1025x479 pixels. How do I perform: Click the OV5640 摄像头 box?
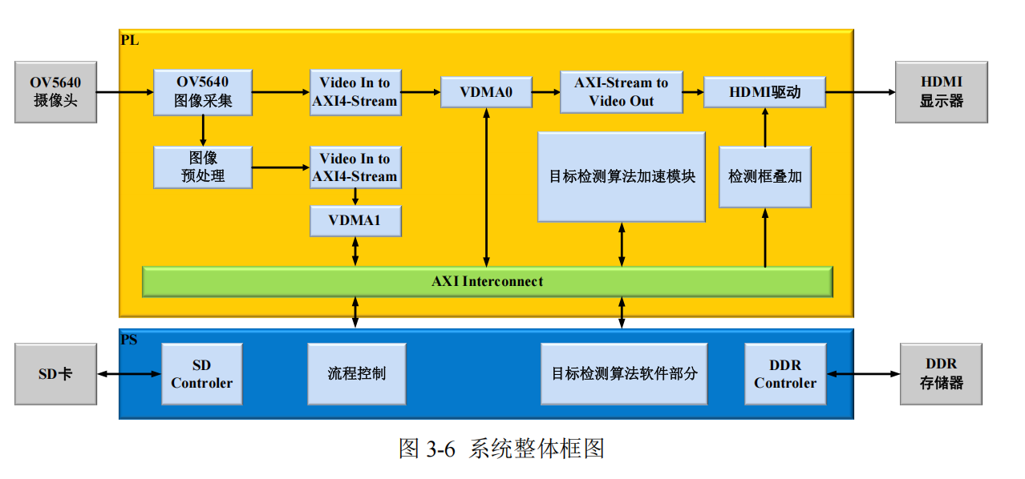pyautogui.click(x=55, y=92)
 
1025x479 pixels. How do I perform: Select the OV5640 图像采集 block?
pyautogui.click(x=203, y=92)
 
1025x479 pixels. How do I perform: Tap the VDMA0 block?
pyautogui.click(x=486, y=92)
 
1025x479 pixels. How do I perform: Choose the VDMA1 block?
pyautogui.click(x=355, y=220)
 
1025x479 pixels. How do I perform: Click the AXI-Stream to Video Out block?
pyautogui.click(x=621, y=92)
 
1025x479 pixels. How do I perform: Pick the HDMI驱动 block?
pyautogui.click(x=764, y=92)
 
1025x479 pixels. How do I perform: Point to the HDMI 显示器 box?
pyautogui.click(x=941, y=92)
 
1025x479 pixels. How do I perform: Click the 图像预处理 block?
pyautogui.click(x=203, y=167)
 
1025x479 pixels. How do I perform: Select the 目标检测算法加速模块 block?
pyautogui.click(x=621, y=176)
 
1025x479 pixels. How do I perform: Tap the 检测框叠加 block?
pyautogui.click(x=764, y=176)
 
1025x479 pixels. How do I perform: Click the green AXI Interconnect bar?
pyautogui.click(x=487, y=281)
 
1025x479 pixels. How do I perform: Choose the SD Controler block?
pyautogui.click(x=201, y=374)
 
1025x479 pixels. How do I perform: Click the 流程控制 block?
pyautogui.click(x=356, y=374)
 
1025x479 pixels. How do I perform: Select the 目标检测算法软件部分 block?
pyautogui.click(x=624, y=374)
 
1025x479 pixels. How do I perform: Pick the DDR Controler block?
pyautogui.click(x=784, y=374)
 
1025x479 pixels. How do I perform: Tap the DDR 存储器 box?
pyautogui.click(x=941, y=374)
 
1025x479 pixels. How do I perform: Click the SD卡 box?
pyautogui.click(x=55, y=374)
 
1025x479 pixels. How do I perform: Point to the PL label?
pyautogui.click(x=129, y=40)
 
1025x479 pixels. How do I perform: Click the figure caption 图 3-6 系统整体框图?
pyautogui.click(x=500, y=449)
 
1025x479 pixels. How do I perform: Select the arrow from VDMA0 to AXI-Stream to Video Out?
pyautogui.click(x=545, y=92)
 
